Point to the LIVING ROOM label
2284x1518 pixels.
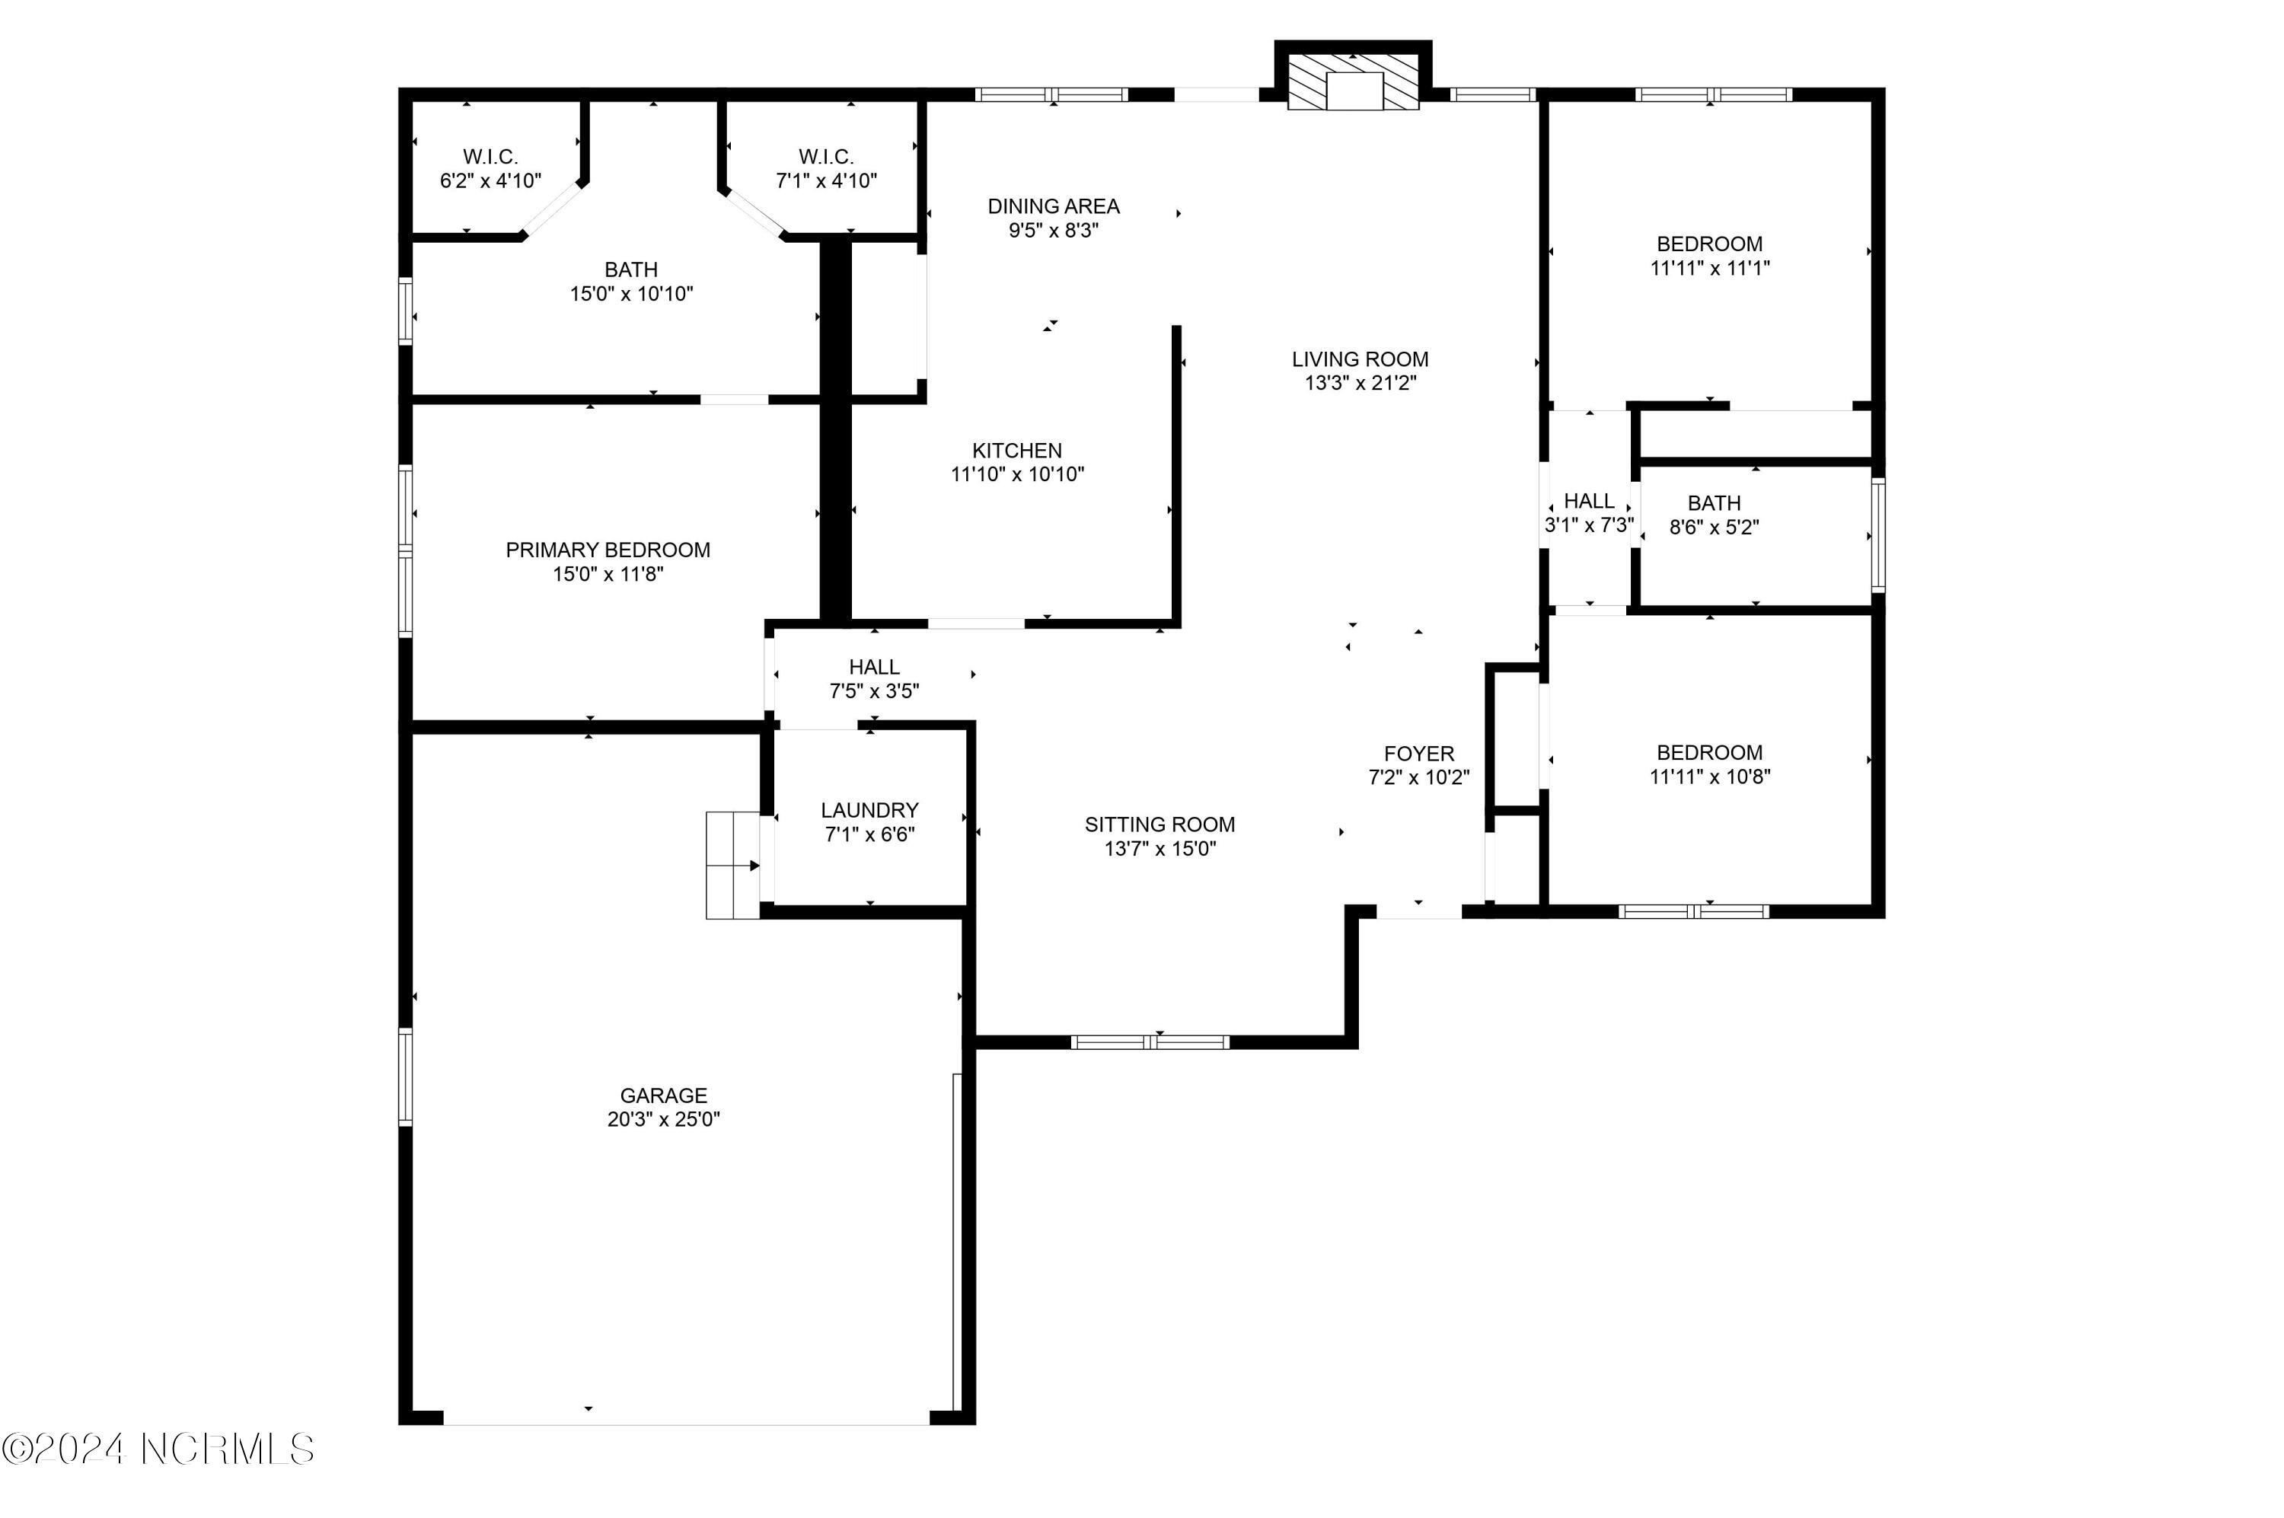point(1360,359)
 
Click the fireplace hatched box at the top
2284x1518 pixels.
point(1353,81)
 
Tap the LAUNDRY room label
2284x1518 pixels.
point(869,810)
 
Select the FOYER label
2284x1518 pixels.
point(1418,753)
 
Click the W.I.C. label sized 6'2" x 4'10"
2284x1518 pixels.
point(490,157)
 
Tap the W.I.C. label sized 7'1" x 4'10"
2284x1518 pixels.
point(826,157)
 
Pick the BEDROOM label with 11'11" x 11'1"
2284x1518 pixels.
point(1709,244)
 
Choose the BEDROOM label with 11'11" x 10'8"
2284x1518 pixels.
point(1709,752)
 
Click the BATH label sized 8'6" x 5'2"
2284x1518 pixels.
point(1713,503)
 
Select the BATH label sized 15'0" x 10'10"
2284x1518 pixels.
point(630,270)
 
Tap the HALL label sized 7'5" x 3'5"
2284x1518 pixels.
point(873,667)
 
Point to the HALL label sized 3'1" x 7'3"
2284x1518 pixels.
point(1589,502)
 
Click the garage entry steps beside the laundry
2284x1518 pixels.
point(732,865)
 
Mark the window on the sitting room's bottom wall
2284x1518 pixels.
point(1150,1043)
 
